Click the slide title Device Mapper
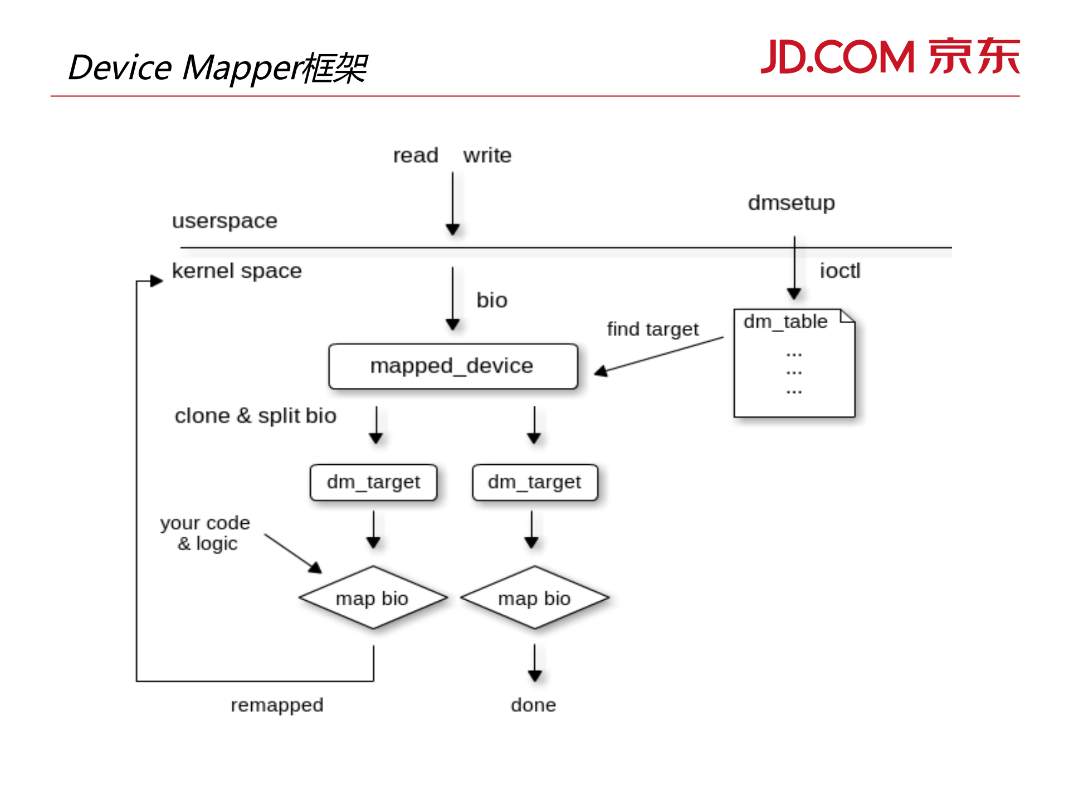pos(217,68)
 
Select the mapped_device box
pos(453,366)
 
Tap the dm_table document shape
pos(794,363)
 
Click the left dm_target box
pos(373,482)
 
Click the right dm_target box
pos(535,482)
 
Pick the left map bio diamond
pos(373,598)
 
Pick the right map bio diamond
pos(534,598)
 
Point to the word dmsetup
pos(791,203)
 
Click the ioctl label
pos(840,271)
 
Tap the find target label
pos(652,329)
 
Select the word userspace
pos(224,221)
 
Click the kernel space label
pos(237,271)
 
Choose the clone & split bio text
pos(255,416)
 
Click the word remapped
pos(277,705)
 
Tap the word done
pos(533,705)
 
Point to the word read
pos(416,155)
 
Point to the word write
pos(487,155)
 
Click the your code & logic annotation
pos(206,533)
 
